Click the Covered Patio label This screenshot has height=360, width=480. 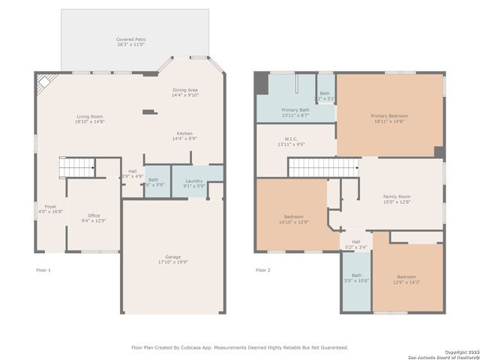click(130, 38)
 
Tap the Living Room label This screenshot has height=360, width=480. click(89, 116)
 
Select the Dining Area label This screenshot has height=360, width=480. click(184, 89)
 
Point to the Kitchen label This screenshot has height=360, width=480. click(184, 133)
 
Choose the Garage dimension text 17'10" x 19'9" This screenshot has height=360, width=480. click(173, 262)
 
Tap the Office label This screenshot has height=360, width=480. click(94, 215)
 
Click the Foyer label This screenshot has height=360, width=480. click(50, 206)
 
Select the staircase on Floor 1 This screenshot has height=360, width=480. click(77, 166)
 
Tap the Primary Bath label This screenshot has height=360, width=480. click(295, 109)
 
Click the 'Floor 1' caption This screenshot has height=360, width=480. click(43, 269)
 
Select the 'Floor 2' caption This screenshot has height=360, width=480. click(262, 269)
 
